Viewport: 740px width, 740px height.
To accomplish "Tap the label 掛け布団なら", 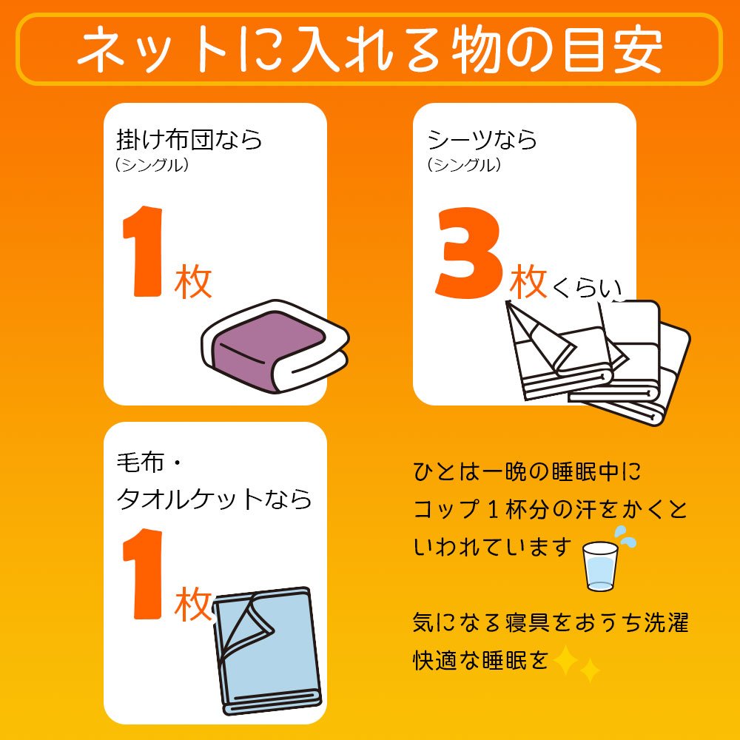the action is [189, 140].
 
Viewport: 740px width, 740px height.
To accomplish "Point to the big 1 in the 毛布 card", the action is [143, 573].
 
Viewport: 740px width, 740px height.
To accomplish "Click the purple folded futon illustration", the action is [275, 346].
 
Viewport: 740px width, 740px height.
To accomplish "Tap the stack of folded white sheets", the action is [597, 363].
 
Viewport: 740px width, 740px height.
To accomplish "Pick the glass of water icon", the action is [600, 566].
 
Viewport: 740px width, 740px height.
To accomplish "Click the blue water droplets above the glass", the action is [625, 536].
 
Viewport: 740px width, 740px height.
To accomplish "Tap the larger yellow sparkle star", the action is [565, 660].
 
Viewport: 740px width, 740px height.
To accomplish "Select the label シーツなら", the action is [482, 140].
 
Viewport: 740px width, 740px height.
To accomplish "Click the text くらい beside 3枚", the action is [587, 287].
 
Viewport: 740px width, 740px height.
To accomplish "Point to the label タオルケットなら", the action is [214, 498].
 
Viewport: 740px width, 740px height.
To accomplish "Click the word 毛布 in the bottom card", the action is [140, 462].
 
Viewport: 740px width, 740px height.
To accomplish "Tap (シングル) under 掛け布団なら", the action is [152, 165].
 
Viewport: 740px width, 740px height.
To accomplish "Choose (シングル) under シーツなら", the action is [464, 165].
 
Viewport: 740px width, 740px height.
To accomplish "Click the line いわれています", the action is [493, 548].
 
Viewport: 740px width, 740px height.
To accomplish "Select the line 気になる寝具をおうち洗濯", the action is [551, 622].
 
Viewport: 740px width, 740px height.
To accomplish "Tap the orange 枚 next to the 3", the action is [528, 281].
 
